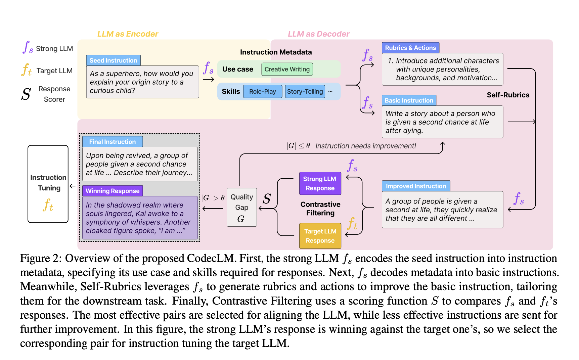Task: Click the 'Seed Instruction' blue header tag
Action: [x=113, y=60]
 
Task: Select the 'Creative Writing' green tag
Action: [x=287, y=69]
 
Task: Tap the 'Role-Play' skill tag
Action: [x=262, y=91]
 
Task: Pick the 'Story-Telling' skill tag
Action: [x=305, y=91]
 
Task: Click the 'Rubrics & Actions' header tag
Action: [x=410, y=48]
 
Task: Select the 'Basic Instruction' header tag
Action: [x=409, y=100]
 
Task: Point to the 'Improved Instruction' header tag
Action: [x=415, y=186]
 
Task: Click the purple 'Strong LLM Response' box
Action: [x=320, y=183]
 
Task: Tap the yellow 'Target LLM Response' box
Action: [x=320, y=236]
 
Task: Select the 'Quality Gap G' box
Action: [x=241, y=207]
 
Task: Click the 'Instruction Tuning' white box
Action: [x=48, y=184]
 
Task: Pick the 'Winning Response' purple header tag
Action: [x=112, y=191]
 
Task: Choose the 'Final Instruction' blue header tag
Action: [x=112, y=142]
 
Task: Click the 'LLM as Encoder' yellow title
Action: [x=128, y=34]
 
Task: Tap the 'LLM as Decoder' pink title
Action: [x=318, y=34]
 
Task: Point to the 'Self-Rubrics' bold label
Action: [x=508, y=95]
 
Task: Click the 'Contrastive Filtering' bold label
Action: [x=320, y=209]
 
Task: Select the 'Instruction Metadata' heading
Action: [x=276, y=52]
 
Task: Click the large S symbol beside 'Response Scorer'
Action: [x=26, y=94]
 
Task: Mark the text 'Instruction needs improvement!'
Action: [x=365, y=146]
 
